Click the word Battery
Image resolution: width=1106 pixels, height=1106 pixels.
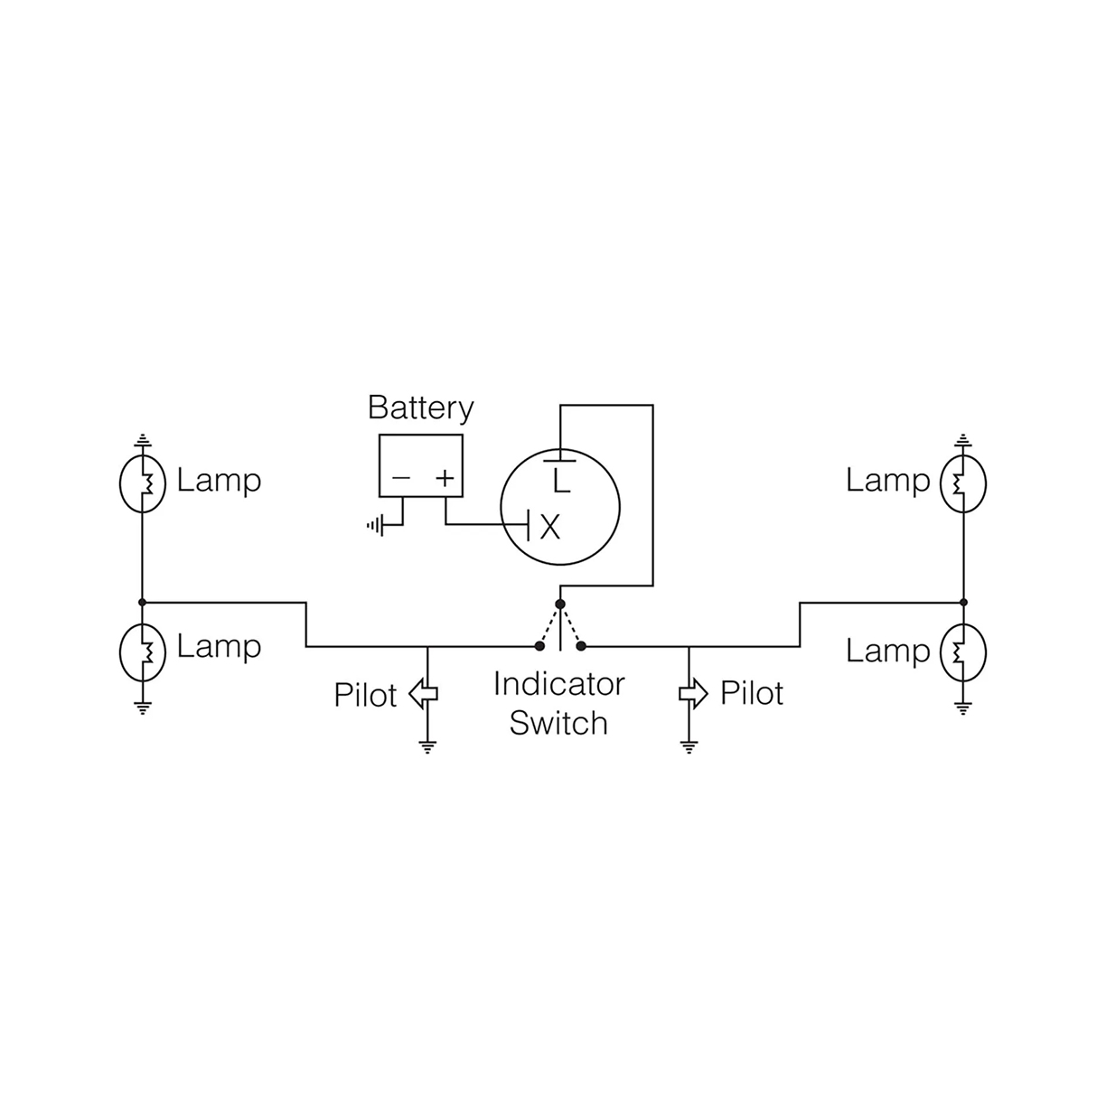tap(420, 408)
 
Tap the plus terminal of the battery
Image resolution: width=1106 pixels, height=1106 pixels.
tap(444, 478)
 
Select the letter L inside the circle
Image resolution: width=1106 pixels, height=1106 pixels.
tap(562, 480)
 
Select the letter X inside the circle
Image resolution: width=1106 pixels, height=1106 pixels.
tap(549, 526)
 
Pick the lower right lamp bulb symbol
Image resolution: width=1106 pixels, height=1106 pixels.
tap(963, 652)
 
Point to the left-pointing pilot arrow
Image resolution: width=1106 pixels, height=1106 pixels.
tap(423, 694)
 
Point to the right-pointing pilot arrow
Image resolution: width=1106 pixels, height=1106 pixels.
tap(693, 693)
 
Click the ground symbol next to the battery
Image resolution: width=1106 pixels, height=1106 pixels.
tap(375, 525)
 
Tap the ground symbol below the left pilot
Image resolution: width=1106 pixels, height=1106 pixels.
tap(427, 746)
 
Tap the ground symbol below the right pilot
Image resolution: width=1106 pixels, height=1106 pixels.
tap(689, 746)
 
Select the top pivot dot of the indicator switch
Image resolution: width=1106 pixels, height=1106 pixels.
tap(560, 604)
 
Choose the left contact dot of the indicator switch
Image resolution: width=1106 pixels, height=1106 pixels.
tap(539, 646)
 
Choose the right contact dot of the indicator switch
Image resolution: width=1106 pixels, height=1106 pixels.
tap(581, 646)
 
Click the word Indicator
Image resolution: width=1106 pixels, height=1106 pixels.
tap(558, 684)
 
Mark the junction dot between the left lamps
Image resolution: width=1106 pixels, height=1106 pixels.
tap(143, 602)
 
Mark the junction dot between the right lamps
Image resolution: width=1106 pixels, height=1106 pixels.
tap(963, 602)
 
